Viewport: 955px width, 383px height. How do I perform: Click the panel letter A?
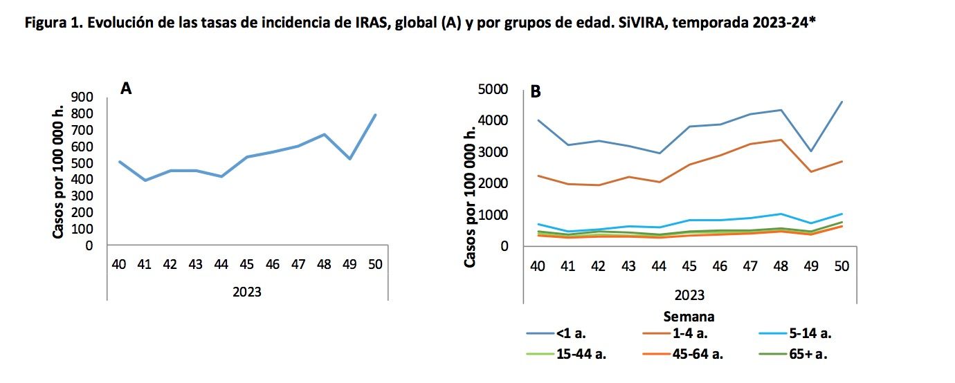125,88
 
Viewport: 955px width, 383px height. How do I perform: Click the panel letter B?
535,91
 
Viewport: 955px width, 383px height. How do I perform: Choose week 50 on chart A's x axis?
375,264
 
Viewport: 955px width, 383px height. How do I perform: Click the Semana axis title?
689,317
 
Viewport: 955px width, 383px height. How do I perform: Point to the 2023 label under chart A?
247,292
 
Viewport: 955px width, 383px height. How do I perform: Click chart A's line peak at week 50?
375,115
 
